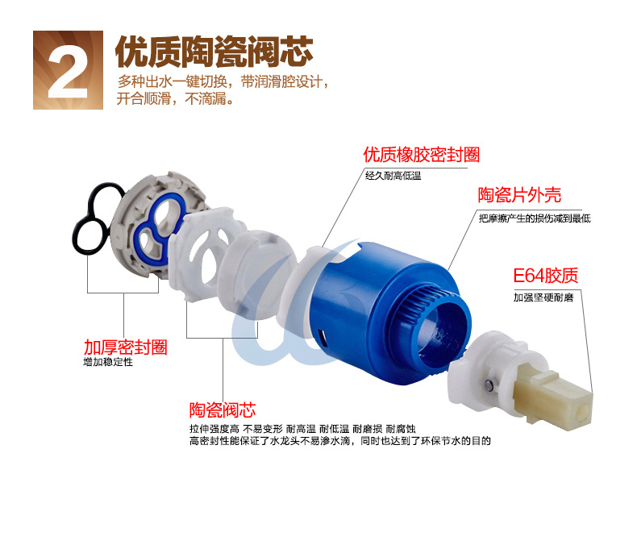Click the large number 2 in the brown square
(68, 71)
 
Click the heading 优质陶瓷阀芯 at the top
(214, 51)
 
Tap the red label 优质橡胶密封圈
(421, 155)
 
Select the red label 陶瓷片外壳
(519, 195)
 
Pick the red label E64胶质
(545, 276)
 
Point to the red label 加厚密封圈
(125, 347)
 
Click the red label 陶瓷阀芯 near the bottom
(223, 410)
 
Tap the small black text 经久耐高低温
(393, 176)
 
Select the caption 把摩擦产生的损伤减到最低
(535, 218)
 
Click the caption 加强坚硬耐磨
(543, 297)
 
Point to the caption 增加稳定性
(108, 362)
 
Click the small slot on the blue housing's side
(323, 337)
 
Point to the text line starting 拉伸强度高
(302, 429)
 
